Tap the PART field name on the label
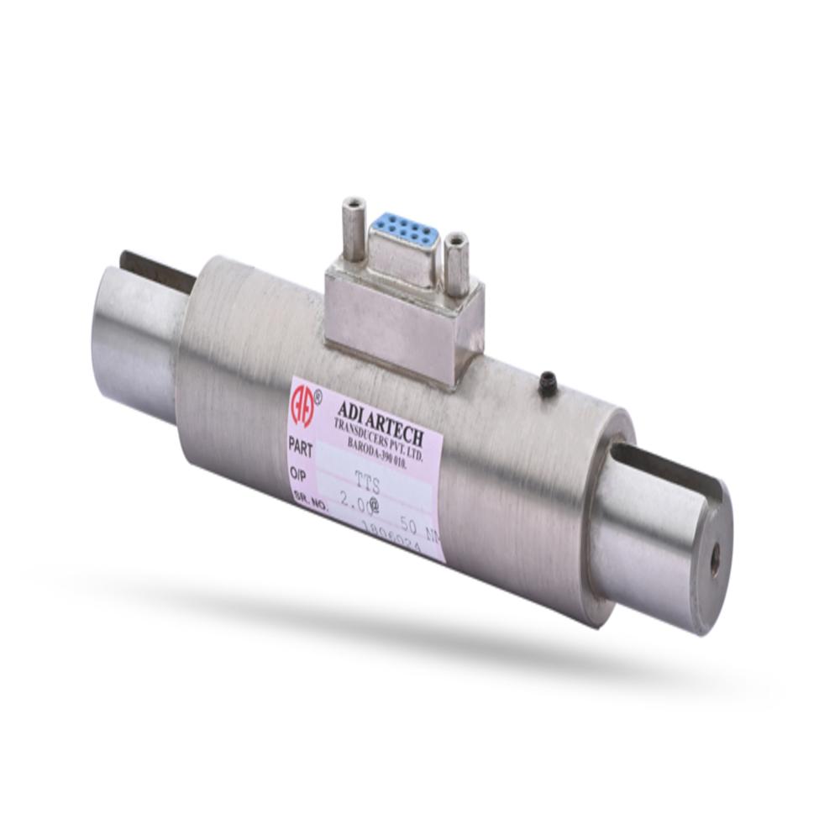300,444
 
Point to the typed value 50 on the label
411,522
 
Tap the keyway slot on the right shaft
672,466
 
